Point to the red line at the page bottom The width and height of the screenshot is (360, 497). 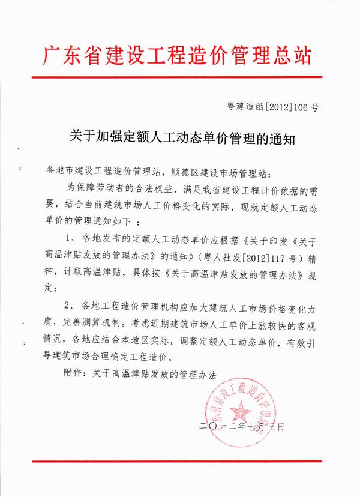180,461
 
